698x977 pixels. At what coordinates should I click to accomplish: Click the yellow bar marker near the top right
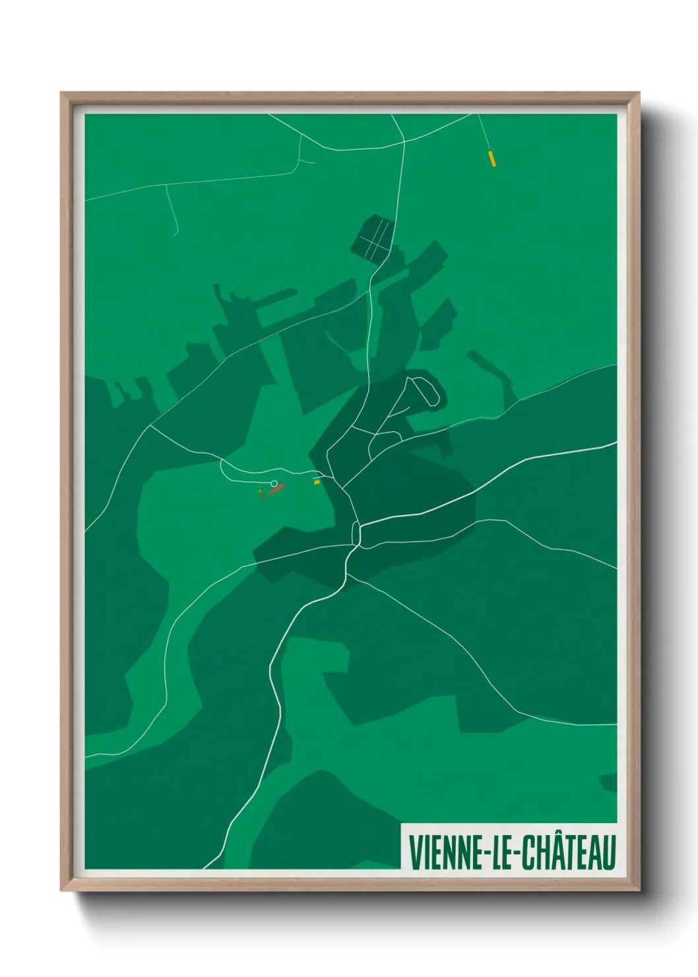point(492,158)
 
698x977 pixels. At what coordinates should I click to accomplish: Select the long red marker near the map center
point(276,488)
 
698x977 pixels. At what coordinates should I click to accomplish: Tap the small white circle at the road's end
point(274,483)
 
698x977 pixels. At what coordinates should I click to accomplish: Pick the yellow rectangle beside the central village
point(317,482)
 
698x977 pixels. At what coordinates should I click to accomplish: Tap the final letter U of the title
point(608,852)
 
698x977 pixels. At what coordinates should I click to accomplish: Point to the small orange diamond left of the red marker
point(261,491)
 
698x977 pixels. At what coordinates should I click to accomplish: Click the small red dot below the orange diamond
point(263,496)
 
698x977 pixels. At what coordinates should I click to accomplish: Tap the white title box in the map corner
point(509,846)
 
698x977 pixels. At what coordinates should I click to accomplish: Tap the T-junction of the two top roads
point(403,140)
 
